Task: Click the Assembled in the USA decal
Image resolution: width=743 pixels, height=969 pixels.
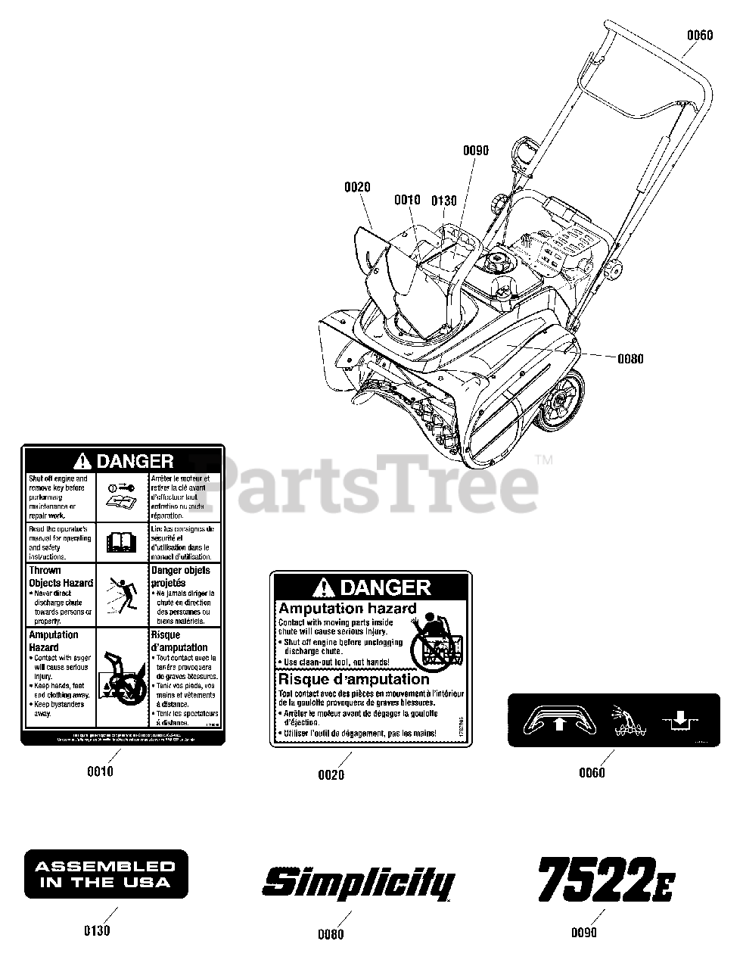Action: click(106, 874)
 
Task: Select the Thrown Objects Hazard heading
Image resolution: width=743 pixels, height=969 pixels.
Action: click(61, 577)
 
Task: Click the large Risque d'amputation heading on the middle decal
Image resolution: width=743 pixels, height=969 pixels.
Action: click(354, 679)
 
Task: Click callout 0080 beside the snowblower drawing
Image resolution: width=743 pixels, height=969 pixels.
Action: click(630, 358)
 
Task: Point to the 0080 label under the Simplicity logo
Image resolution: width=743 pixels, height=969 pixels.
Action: click(331, 933)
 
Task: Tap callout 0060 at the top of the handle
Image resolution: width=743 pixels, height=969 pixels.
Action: click(700, 35)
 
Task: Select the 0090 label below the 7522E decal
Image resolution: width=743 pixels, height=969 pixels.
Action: click(584, 933)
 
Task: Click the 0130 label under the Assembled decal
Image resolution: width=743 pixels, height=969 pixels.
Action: click(97, 930)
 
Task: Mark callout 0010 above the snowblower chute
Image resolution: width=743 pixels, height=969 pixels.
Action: click(407, 200)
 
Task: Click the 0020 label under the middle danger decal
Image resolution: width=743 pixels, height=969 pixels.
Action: click(331, 774)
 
